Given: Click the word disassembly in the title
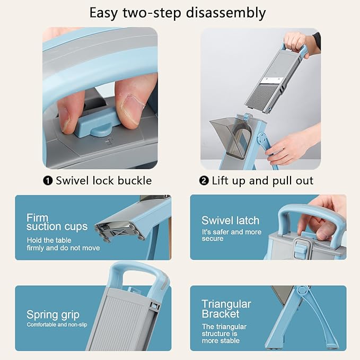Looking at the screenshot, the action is tap(226, 13).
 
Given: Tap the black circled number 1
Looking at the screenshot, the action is tap(48, 181).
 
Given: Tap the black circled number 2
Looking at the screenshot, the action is tap(204, 181).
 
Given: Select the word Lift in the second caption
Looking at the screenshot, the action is tap(221, 180).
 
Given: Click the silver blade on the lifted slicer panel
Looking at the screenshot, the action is tap(273, 81).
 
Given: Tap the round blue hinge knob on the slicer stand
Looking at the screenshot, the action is tap(262, 138).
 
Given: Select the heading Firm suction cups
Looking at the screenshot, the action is tap(57, 222).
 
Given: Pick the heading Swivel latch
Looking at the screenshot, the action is tap(230, 221).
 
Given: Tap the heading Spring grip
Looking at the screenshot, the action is tap(53, 315).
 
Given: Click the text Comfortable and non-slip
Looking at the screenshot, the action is tap(57, 324).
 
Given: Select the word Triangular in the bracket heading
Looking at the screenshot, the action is tap(226, 304).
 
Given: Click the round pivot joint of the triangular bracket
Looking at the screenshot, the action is tap(303, 291).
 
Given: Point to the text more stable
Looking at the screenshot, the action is tap(221, 340).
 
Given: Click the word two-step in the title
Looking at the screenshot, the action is tap(152, 13).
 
